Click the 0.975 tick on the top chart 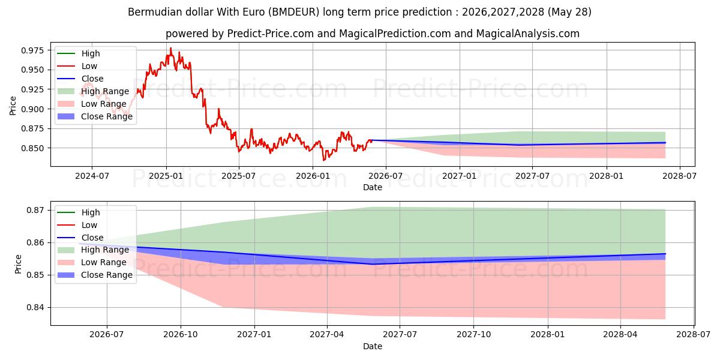(x=33, y=50)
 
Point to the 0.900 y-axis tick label (x=33, y=109)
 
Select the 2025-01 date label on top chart (x=166, y=176)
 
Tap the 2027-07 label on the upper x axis (x=532, y=176)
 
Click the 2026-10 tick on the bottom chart (x=181, y=335)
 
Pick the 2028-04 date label (x=620, y=335)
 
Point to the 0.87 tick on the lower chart (x=35, y=211)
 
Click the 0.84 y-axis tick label (x=35, y=308)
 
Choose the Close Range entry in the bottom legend (x=95, y=275)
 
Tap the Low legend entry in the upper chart (x=77, y=66)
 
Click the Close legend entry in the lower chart (x=80, y=238)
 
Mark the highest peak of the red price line (x=170, y=48)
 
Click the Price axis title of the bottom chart (x=18, y=264)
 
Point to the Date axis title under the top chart (x=373, y=187)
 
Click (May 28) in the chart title (x=569, y=12)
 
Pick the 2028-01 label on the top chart (x=607, y=176)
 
